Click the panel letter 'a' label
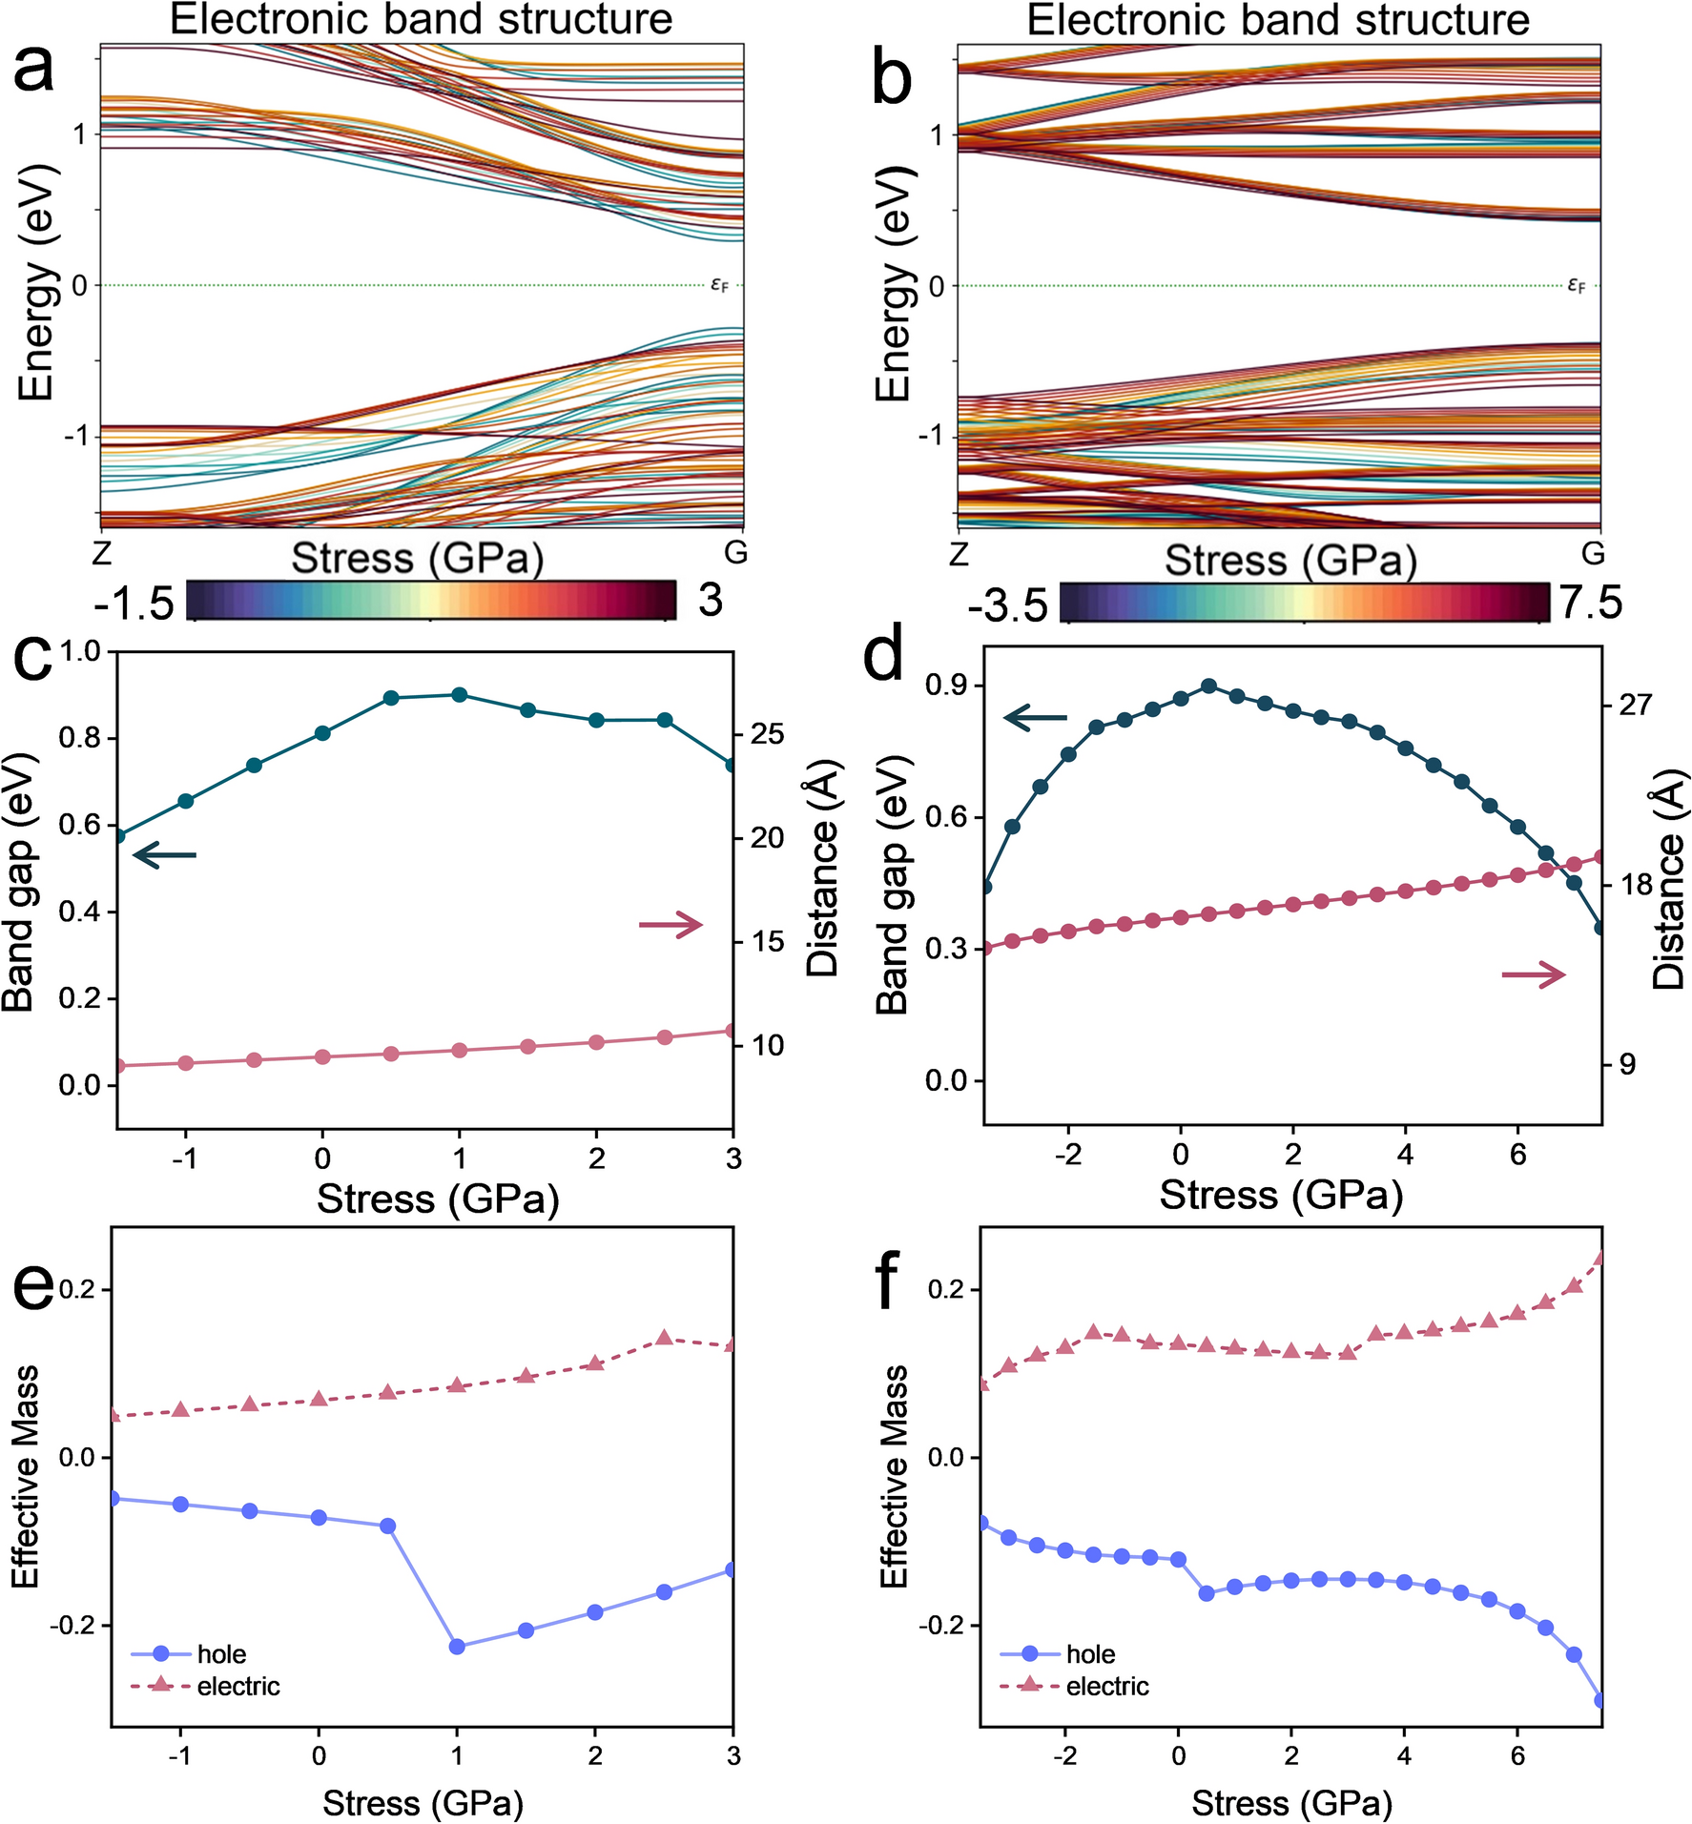[x=34, y=69]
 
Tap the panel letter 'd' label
[x=882, y=657]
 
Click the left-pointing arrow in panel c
[x=164, y=855]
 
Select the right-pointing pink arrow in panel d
[x=1534, y=974]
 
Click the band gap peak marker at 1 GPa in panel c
[x=460, y=694]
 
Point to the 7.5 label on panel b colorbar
[x=1590, y=603]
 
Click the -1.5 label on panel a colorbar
[x=134, y=604]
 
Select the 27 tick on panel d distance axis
[x=1635, y=705]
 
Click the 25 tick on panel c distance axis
[x=767, y=734]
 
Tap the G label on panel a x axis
[x=735, y=552]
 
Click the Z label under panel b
[x=959, y=554]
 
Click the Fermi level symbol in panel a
[x=719, y=284]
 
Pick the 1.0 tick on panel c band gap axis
[x=80, y=651]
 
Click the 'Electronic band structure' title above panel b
[x=1278, y=19]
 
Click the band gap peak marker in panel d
[x=1208, y=686]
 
